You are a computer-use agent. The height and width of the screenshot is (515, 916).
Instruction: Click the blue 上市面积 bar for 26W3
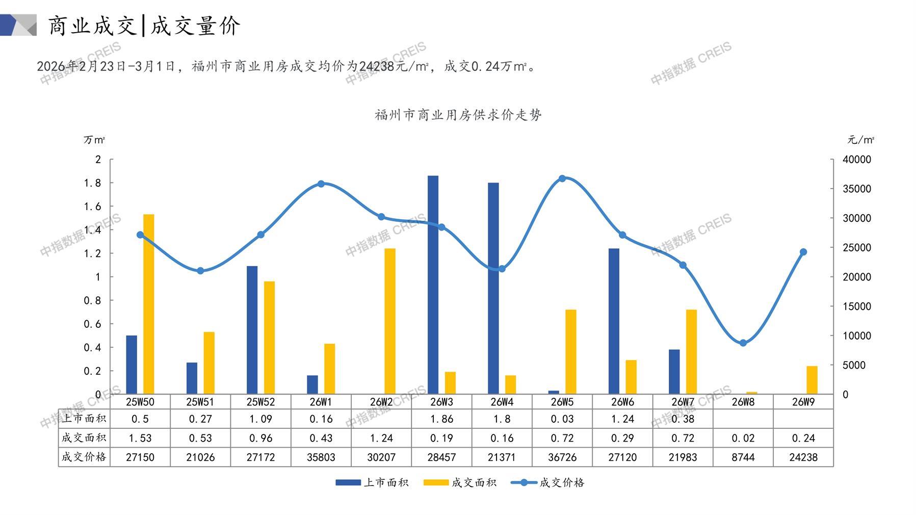433,286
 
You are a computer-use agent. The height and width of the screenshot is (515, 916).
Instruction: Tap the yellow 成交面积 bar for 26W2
389,321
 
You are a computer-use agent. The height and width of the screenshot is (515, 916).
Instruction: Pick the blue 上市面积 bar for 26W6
614,321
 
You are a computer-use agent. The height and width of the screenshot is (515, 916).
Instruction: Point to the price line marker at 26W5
562,178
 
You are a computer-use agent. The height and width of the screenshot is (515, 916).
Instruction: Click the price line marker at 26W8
743,343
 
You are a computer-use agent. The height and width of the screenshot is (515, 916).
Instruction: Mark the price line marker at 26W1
321,184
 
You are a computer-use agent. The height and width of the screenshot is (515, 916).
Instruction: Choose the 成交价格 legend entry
548,483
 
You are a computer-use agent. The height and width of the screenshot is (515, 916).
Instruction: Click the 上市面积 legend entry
372,483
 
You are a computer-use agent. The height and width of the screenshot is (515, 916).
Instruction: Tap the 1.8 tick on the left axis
92,183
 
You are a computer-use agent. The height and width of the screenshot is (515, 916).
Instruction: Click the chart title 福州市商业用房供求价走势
458,115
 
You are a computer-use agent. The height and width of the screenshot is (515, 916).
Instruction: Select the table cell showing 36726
562,457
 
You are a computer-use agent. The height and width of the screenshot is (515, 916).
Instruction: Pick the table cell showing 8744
743,457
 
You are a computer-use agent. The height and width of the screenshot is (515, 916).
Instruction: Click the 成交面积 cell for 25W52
260,438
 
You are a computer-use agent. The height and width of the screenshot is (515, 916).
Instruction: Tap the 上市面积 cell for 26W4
502,419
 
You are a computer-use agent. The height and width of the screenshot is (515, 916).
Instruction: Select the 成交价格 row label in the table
84,457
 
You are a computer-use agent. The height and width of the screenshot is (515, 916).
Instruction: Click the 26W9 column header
803,402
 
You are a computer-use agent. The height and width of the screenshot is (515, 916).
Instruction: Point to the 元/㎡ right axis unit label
860,140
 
